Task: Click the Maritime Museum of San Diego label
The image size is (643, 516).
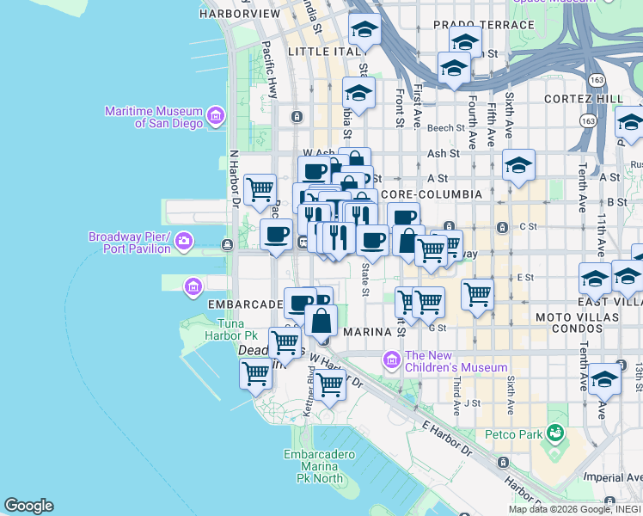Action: [x=152, y=117]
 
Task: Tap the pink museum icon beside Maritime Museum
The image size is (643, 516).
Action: [x=215, y=115]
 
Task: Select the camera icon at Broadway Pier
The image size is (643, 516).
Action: [x=183, y=243]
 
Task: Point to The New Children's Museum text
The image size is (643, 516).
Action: [x=456, y=361]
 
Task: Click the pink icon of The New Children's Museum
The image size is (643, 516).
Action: [x=392, y=358]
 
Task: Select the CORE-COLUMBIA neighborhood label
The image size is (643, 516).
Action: [x=431, y=195]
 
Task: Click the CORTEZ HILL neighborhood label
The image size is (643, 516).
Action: [x=584, y=99]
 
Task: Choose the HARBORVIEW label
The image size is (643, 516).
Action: [x=239, y=15]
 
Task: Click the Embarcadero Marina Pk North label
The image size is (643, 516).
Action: [x=314, y=466]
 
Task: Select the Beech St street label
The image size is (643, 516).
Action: [x=445, y=127]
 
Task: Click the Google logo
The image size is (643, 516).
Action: [x=28, y=506]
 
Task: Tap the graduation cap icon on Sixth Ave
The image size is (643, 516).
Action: [x=518, y=164]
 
